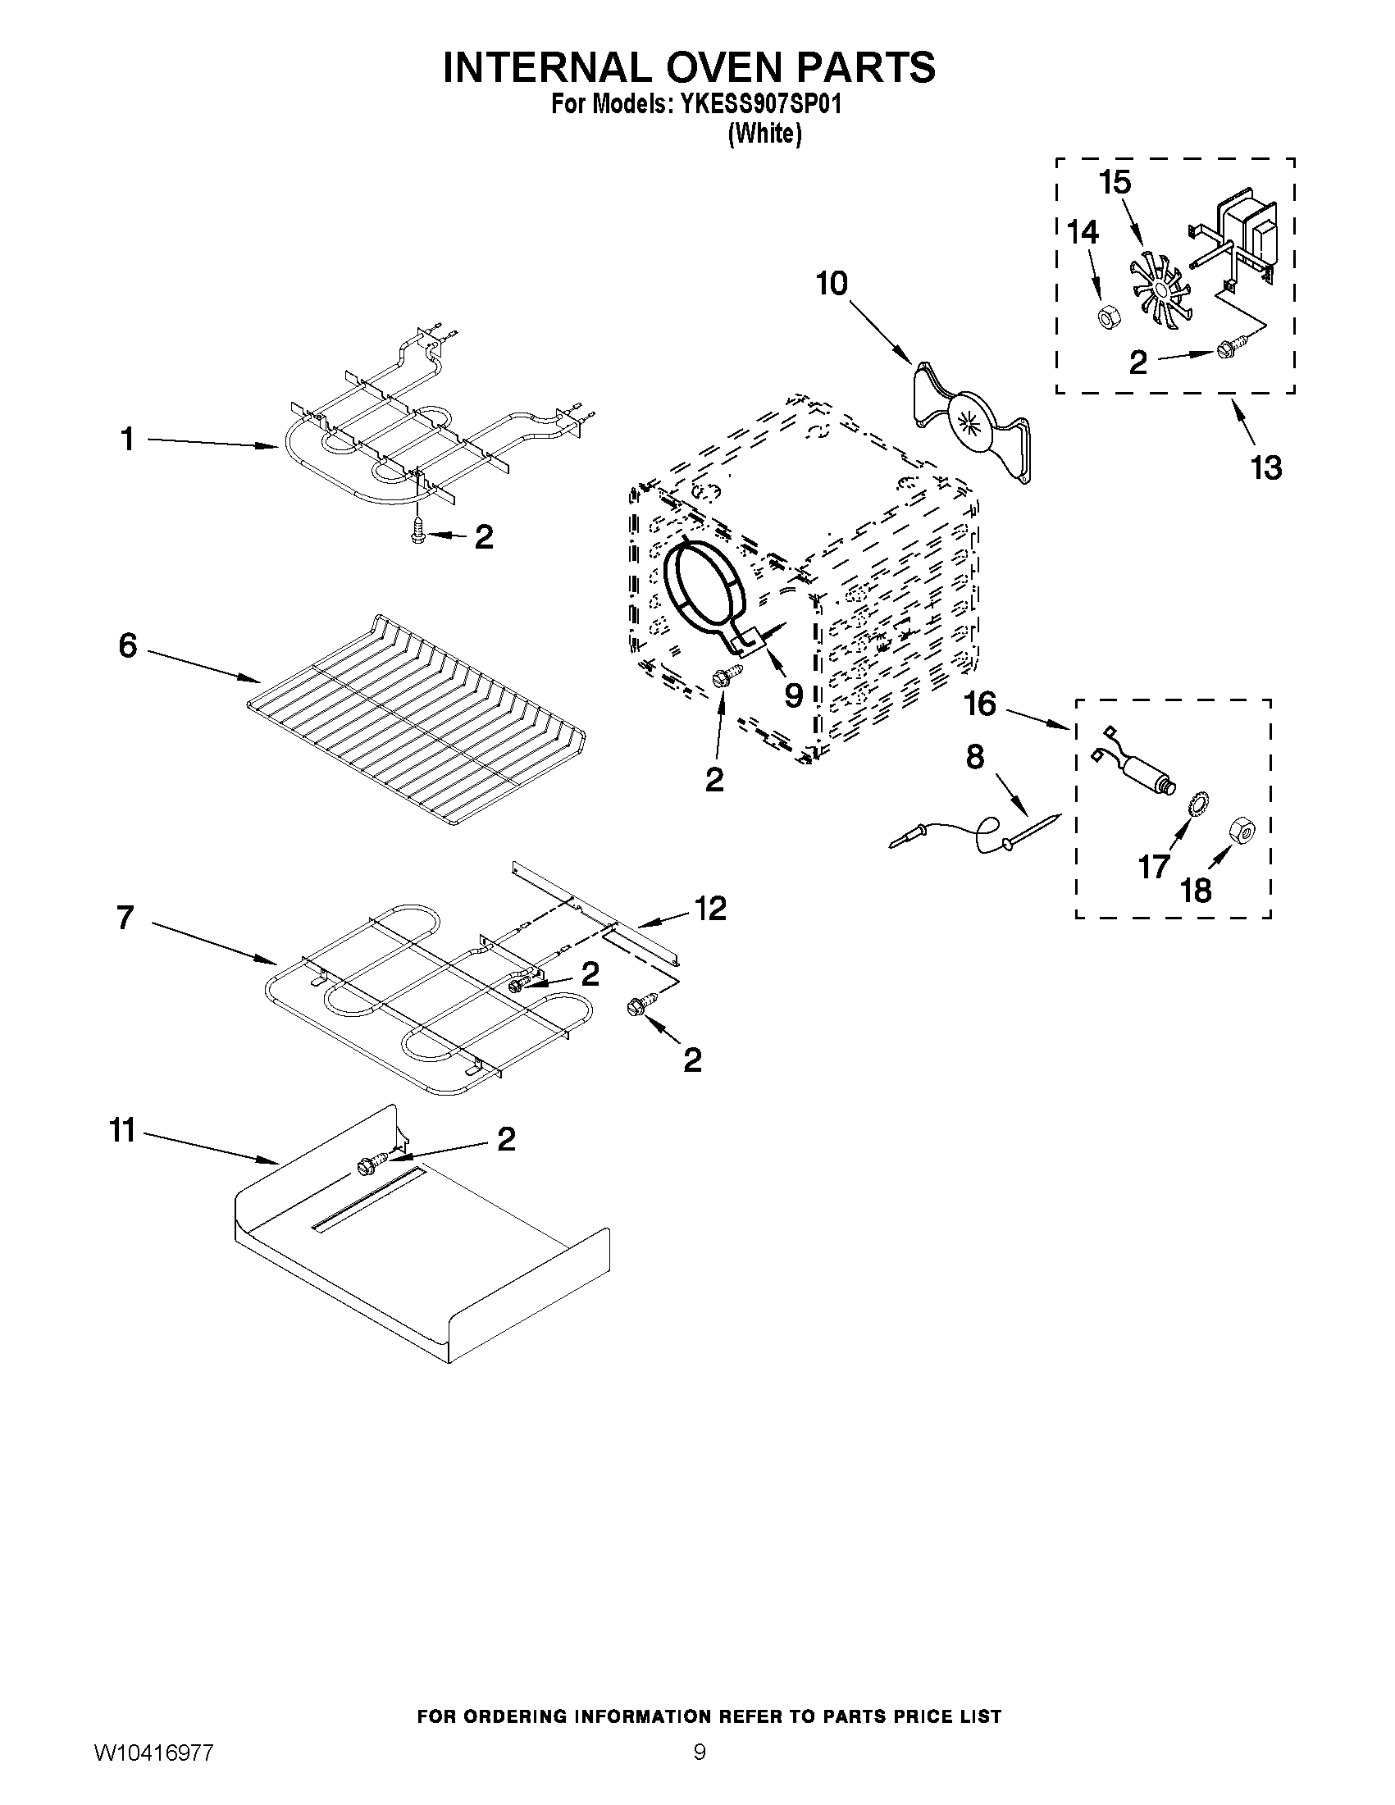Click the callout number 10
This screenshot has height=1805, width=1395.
tap(832, 285)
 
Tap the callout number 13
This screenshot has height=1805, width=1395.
tap(1265, 467)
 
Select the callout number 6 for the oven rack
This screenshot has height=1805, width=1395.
tap(127, 645)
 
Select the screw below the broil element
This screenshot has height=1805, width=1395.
tap(417, 530)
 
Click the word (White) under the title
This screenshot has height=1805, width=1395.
tap(764, 134)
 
